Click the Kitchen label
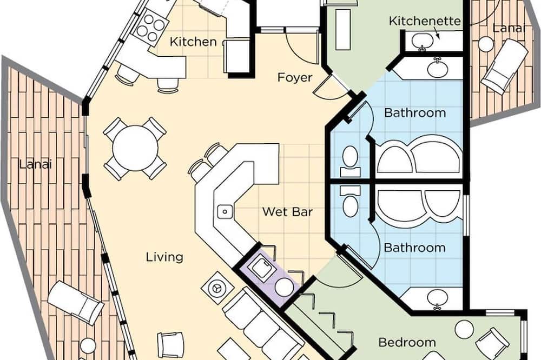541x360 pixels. [x=193, y=42]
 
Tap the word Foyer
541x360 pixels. [x=295, y=78]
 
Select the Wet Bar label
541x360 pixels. [x=287, y=211]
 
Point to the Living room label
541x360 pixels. [x=164, y=257]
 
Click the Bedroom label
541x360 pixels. [x=407, y=342]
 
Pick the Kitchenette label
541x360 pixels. [x=425, y=21]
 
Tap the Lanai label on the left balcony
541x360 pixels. [x=36, y=164]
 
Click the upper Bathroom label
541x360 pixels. [x=415, y=113]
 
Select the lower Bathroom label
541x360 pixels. [x=414, y=248]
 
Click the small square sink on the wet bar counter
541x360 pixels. [x=225, y=211]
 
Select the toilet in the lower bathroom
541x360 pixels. [x=350, y=202]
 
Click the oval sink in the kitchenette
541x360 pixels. [x=422, y=41]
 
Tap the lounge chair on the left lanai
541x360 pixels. [x=76, y=303]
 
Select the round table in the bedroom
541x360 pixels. [x=464, y=330]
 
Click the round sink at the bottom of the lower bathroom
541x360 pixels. [x=438, y=297]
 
